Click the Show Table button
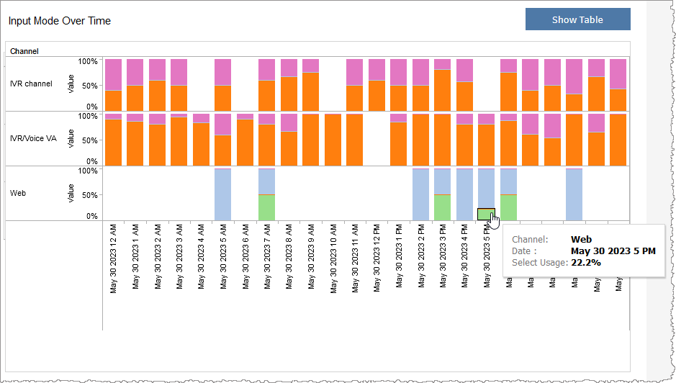(x=577, y=19)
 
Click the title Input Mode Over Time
(x=60, y=21)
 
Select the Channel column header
(x=24, y=51)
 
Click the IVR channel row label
(x=31, y=84)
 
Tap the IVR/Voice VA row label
(x=33, y=138)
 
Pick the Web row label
(x=19, y=193)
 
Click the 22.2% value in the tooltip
(x=586, y=263)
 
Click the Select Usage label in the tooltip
(x=539, y=263)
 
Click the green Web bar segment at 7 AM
(x=267, y=207)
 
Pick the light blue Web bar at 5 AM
(x=223, y=194)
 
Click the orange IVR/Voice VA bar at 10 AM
(x=333, y=139)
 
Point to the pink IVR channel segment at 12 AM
(x=113, y=74)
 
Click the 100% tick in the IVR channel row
(x=88, y=61)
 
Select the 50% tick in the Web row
(x=89, y=194)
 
